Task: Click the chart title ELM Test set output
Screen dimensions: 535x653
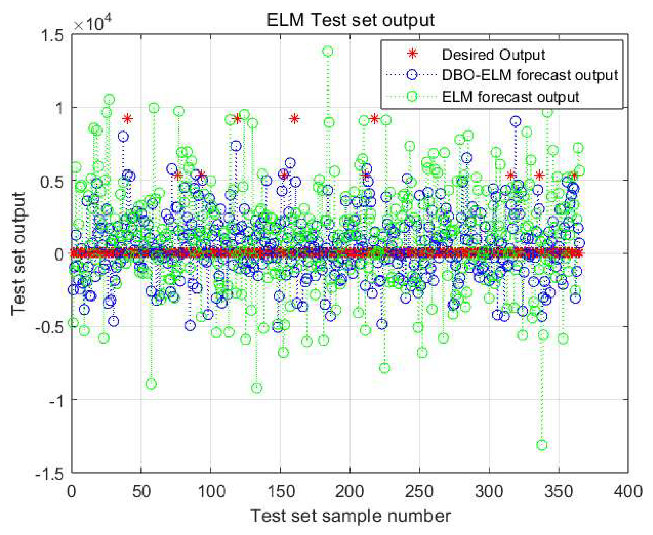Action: pyautogui.click(x=350, y=20)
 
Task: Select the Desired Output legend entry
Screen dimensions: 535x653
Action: pyautogui.click(x=493, y=55)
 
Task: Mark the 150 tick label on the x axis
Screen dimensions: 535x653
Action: pyautogui.click(x=280, y=491)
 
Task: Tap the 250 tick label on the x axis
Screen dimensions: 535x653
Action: pyautogui.click(x=419, y=491)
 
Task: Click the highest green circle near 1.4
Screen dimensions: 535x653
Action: pyautogui.click(x=328, y=51)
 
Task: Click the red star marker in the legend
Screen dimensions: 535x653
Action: pyautogui.click(x=412, y=54)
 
